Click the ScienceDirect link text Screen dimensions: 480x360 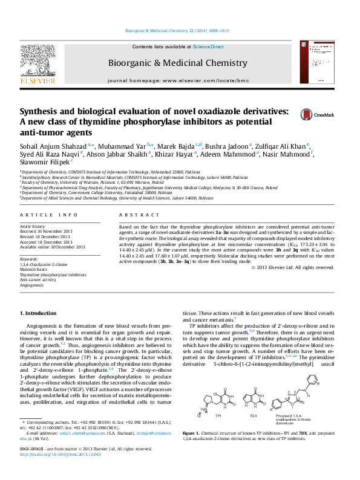(x=209, y=47)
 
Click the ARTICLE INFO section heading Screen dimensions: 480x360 (x=48, y=215)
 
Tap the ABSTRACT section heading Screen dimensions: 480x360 (x=131, y=215)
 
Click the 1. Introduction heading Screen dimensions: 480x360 (x=38, y=313)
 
